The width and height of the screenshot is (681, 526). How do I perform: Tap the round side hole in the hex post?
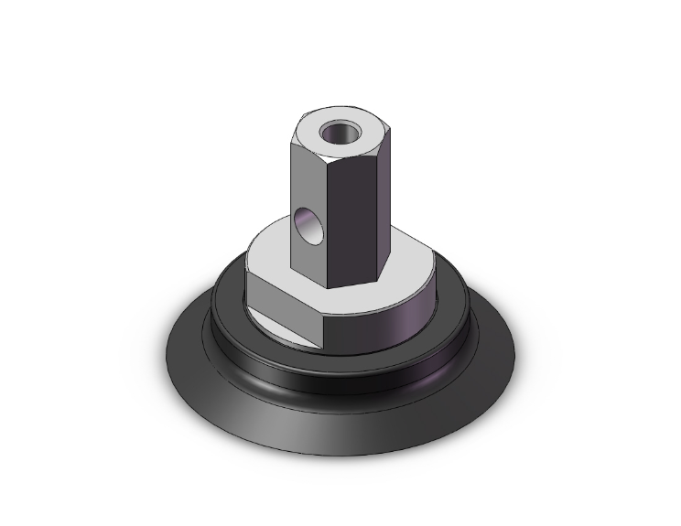click(309, 226)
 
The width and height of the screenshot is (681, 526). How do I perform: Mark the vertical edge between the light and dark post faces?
click(327, 220)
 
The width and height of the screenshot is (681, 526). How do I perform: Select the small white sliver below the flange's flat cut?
click(284, 327)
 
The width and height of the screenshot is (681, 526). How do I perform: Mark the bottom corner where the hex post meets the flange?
click(327, 288)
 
